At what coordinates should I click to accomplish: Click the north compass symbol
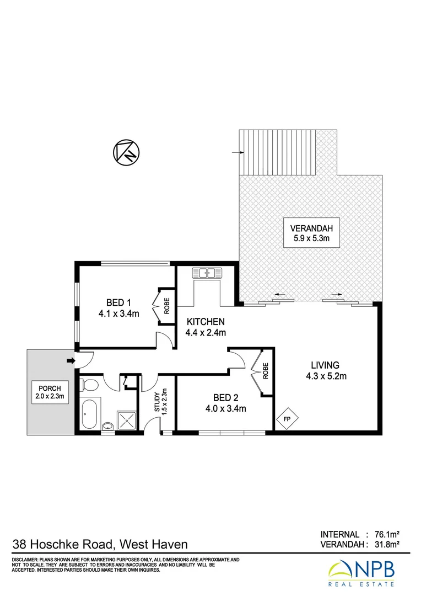pyautogui.click(x=127, y=152)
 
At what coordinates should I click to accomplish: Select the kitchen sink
pyautogui.click(x=206, y=273)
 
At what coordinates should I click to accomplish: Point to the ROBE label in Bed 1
pyautogui.click(x=166, y=304)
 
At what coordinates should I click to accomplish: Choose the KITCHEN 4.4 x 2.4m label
pyautogui.click(x=206, y=327)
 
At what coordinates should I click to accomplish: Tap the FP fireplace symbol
pyautogui.click(x=287, y=419)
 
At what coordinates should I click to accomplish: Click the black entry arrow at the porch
pyautogui.click(x=70, y=361)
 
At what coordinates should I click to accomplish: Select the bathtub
pyautogui.click(x=90, y=414)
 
